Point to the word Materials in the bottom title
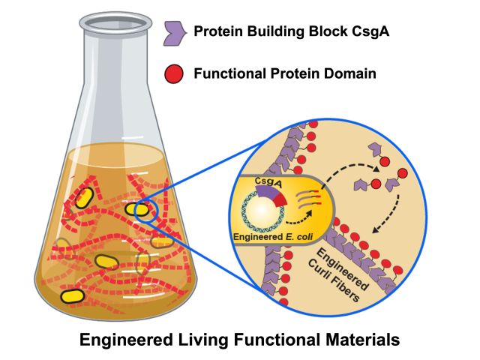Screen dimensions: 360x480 [x=355, y=340]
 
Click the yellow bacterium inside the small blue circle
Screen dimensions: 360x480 [x=137, y=210]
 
